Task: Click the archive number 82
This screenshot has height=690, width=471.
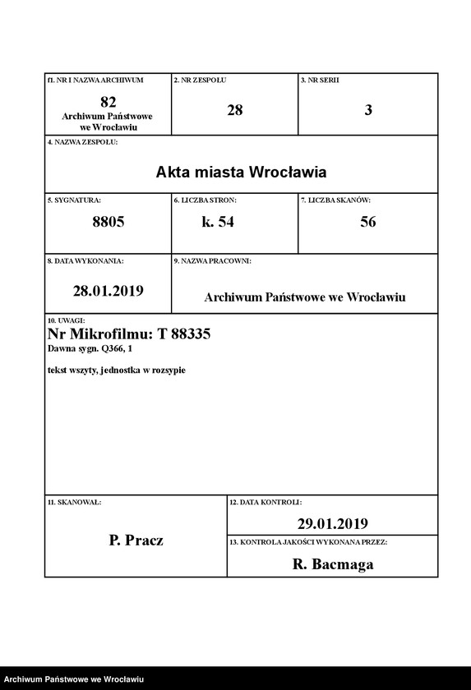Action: pyautogui.click(x=108, y=102)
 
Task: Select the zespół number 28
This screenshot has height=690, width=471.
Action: pyautogui.click(x=235, y=109)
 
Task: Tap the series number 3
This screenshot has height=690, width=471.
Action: pyautogui.click(x=368, y=109)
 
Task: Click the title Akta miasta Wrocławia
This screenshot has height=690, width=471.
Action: pyautogui.click(x=241, y=172)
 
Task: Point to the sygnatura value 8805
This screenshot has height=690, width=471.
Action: pyautogui.click(x=108, y=222)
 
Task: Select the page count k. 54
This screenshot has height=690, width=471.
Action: pyautogui.click(x=218, y=222)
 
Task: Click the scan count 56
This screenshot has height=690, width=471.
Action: pyautogui.click(x=368, y=222)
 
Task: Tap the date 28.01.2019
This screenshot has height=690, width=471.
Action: pyautogui.click(x=108, y=290)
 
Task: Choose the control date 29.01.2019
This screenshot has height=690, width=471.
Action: pyautogui.click(x=332, y=523)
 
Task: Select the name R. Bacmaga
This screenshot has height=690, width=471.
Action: pyautogui.click(x=332, y=564)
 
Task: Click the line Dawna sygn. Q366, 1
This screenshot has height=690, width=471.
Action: pyautogui.click(x=90, y=349)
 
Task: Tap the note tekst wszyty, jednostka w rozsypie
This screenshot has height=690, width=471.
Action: pyautogui.click(x=117, y=370)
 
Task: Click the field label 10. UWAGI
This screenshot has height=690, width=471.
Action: pyautogui.click(x=67, y=320)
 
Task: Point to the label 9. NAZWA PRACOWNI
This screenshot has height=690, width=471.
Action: pyautogui.click(x=212, y=260)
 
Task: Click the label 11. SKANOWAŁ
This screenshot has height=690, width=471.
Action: pyautogui.click(x=74, y=500)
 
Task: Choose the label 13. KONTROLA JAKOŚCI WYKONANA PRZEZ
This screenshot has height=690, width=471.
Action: pyautogui.click(x=308, y=542)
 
